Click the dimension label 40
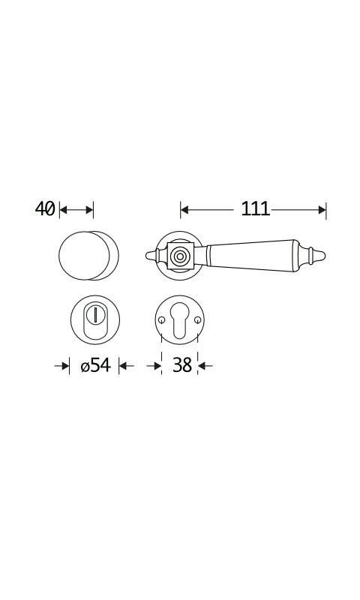point(45,209)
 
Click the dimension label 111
point(255,209)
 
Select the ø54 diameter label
point(96,365)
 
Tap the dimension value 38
point(181,365)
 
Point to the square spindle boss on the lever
point(178,255)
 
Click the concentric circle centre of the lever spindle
point(178,255)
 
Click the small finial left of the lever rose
point(152,255)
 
